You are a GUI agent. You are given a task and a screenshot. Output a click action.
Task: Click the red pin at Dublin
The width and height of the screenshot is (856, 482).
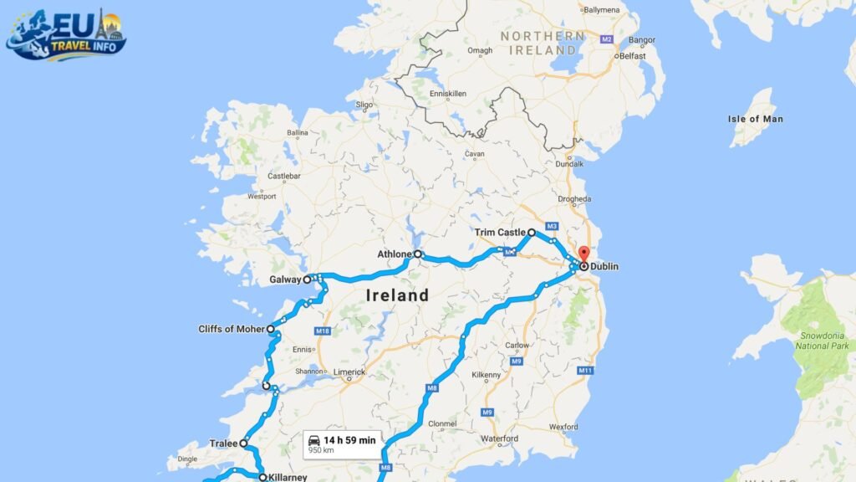tap(583, 254)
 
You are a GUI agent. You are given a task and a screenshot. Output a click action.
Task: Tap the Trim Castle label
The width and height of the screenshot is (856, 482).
tap(500, 233)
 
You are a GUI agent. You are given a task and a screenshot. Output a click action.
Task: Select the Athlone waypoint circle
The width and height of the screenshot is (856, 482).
tap(417, 254)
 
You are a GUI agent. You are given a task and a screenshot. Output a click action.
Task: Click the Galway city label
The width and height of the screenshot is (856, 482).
tap(285, 280)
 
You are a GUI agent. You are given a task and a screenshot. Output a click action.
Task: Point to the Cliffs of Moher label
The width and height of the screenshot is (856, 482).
tap(232, 329)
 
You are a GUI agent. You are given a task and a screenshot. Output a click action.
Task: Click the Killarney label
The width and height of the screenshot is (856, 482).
tap(288, 478)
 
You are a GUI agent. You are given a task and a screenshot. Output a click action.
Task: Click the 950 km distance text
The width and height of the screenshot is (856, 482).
tap(322, 450)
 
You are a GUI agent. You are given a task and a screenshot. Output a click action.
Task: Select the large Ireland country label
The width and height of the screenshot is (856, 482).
tap(397, 295)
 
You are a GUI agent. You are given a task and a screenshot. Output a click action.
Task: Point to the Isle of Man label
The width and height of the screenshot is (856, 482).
tap(755, 119)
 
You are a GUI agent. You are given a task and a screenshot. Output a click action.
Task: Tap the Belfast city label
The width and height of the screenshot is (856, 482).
tap(633, 56)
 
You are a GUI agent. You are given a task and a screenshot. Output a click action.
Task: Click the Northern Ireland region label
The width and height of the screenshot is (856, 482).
tap(543, 43)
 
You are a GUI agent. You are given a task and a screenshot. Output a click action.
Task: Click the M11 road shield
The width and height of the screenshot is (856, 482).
tap(585, 370)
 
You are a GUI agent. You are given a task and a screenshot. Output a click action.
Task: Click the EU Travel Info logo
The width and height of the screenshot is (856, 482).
tap(67, 34)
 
